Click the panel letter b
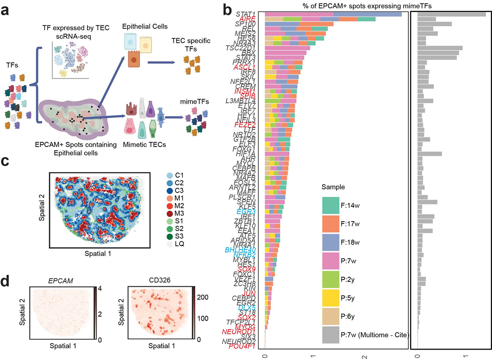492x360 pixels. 241,8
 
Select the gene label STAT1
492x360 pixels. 250,14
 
